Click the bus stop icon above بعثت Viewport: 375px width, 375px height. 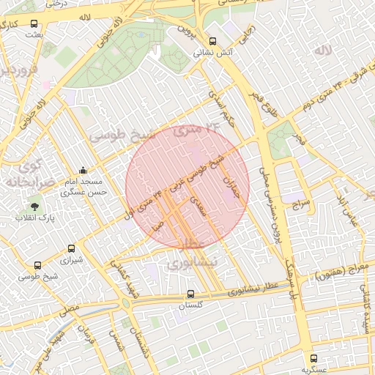click(x=34, y=23)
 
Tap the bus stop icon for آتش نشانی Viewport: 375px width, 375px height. click(x=212, y=41)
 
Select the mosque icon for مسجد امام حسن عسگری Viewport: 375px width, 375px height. click(x=82, y=171)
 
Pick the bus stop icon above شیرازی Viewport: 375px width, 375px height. click(x=71, y=249)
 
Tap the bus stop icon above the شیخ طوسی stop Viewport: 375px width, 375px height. click(x=37, y=265)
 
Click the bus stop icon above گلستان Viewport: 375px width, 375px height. click(x=190, y=294)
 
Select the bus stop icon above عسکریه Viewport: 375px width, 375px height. click(x=314, y=358)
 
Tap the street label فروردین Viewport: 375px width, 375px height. click(x=16, y=72)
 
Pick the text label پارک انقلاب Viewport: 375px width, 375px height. click(x=33, y=219)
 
